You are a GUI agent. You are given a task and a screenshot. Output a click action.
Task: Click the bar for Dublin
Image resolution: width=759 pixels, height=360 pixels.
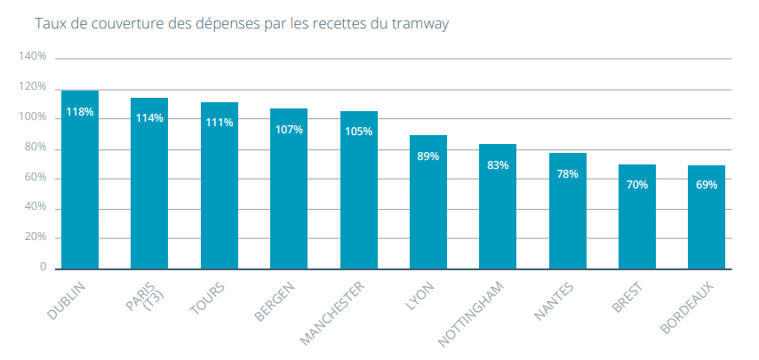click(x=80, y=187)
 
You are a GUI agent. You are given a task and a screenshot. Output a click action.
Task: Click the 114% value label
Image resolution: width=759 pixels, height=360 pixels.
click(x=149, y=118)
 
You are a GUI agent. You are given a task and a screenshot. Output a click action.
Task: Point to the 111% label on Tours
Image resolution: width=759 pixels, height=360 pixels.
click(x=220, y=122)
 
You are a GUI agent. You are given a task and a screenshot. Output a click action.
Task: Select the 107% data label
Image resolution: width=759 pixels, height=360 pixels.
click(x=289, y=129)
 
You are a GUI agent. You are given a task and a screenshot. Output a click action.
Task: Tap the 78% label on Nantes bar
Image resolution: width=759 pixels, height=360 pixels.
click(x=567, y=174)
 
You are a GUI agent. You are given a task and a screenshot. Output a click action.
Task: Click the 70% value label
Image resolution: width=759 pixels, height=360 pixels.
click(x=636, y=185)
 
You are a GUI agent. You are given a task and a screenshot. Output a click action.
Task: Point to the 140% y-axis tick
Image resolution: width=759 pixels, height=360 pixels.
click(x=33, y=57)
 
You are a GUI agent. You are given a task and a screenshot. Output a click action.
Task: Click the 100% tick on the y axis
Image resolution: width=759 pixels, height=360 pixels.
click(x=33, y=117)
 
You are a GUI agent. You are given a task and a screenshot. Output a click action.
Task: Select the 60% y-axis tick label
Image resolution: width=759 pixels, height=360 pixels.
click(x=36, y=178)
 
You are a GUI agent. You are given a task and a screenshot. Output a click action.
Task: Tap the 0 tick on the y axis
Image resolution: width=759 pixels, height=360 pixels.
click(x=43, y=268)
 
